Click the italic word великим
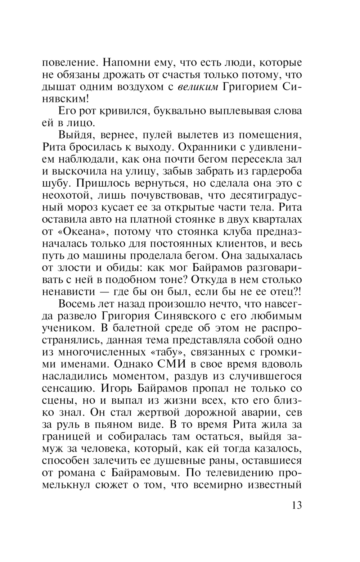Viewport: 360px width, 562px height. [x=198, y=87]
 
